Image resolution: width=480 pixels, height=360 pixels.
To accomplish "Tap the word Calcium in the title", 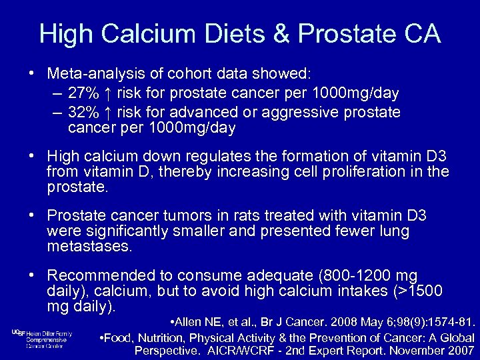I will (140, 35).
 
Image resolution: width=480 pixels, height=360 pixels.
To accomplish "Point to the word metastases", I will (90, 247).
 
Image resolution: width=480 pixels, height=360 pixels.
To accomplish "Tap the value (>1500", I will (412, 291).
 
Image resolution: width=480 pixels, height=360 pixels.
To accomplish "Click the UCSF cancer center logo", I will (41, 339).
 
